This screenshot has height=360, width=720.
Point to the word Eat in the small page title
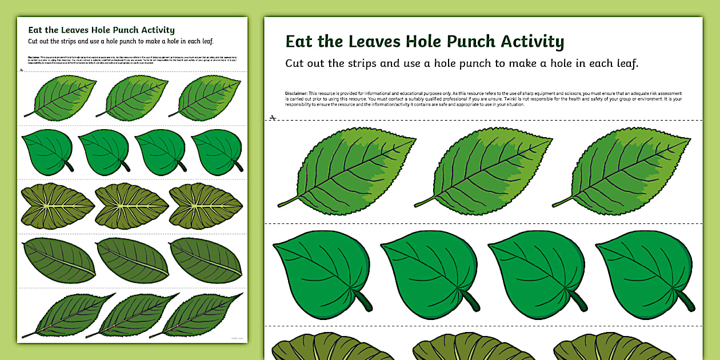click(x=35, y=30)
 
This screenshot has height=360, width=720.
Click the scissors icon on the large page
click(x=273, y=118)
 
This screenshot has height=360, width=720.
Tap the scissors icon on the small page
click(x=21, y=70)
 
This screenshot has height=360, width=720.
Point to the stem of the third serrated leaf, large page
click(x=562, y=201)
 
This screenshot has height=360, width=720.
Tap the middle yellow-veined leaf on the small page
click(x=132, y=206)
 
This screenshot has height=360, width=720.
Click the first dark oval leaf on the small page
click(x=59, y=260)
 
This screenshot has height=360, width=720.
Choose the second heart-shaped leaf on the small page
click(x=103, y=151)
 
